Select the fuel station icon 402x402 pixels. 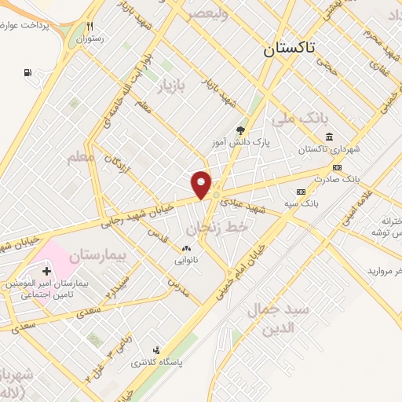tap(28, 74)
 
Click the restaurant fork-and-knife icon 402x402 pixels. tap(91, 26)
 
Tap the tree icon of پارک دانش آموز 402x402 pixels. tap(240, 131)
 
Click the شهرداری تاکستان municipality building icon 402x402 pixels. tap(328, 138)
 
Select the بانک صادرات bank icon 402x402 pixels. tap(338, 167)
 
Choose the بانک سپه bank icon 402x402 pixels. tap(301, 192)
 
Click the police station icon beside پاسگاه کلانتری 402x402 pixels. tap(156, 350)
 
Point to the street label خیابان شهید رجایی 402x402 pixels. tap(141, 211)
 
